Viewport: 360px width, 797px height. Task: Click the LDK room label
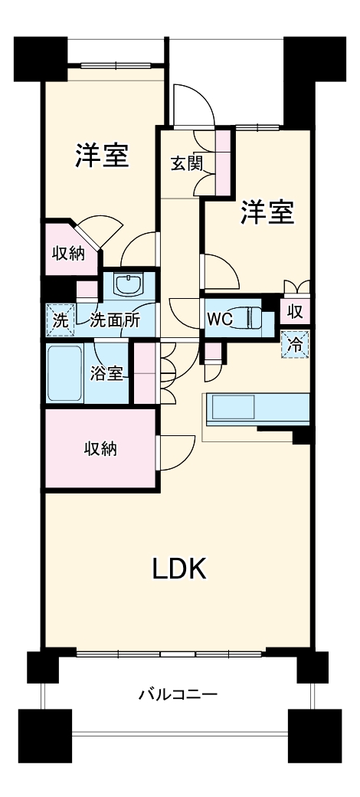[x=180, y=569]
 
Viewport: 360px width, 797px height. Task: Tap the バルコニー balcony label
[x=178, y=694]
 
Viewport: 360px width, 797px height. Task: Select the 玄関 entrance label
[x=186, y=164]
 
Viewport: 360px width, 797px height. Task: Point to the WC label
[x=219, y=320]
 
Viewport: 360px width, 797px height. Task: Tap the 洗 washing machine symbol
[x=61, y=320]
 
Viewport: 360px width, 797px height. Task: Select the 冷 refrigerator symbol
[x=296, y=345]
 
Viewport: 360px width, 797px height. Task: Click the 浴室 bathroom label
[x=106, y=374]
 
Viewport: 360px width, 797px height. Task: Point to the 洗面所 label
[x=115, y=321]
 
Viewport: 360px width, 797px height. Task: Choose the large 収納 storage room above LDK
[x=100, y=449]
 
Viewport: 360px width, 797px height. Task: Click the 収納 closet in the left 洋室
[x=70, y=253]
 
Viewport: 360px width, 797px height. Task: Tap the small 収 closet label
[x=296, y=313]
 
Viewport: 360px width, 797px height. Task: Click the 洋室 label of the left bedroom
[x=102, y=156]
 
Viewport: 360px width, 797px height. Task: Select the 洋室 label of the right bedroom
[x=267, y=212]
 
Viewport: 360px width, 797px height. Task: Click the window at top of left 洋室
[x=116, y=65]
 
